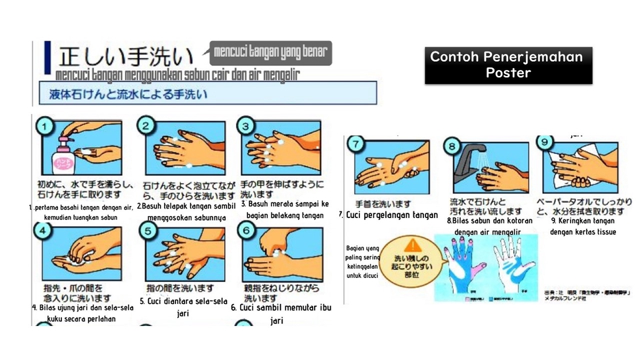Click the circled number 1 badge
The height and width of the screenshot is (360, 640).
45,127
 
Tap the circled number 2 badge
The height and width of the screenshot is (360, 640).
147,126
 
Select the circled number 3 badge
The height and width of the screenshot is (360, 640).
246,126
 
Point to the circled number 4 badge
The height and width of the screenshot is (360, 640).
44,232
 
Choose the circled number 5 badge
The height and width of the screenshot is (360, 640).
147,231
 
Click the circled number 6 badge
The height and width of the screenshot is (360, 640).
246,231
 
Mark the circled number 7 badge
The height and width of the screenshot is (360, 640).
357,144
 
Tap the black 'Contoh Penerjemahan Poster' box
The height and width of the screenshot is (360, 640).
508,65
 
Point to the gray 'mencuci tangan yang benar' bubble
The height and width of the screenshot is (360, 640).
271,53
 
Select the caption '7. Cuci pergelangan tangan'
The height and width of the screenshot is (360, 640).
389,215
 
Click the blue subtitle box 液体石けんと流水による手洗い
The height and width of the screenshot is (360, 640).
127,95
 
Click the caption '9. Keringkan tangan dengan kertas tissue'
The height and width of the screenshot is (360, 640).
583,226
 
